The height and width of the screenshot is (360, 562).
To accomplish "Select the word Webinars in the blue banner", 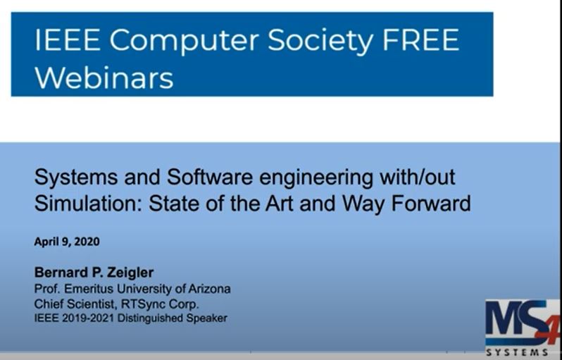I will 104,77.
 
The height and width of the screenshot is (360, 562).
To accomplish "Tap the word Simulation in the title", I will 79,204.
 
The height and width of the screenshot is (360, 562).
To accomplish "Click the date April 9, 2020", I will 67,242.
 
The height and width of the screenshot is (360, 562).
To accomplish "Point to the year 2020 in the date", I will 86,242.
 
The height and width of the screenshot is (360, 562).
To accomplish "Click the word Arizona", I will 209,289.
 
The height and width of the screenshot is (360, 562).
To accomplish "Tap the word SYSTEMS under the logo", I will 522,352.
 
